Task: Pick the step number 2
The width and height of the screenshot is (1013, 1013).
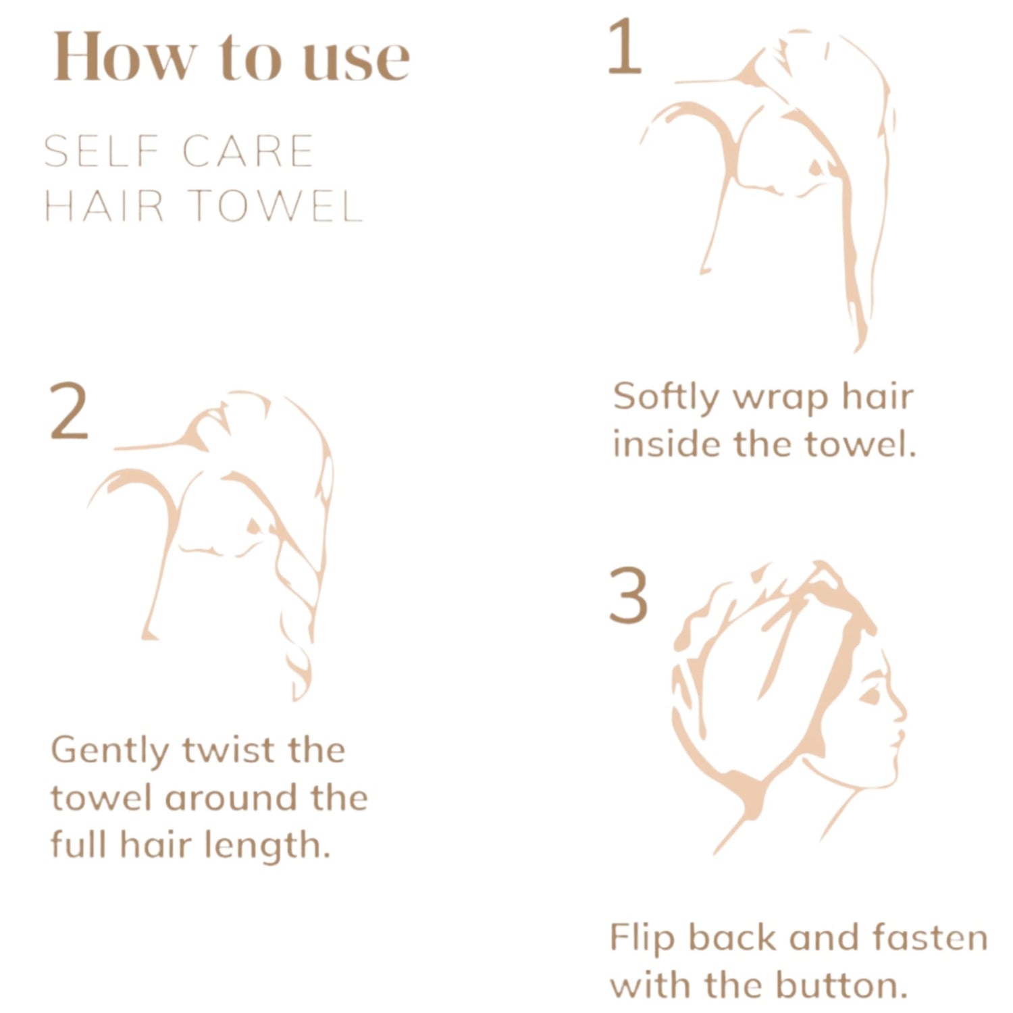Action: tap(69, 411)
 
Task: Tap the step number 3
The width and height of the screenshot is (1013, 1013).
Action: tap(628, 595)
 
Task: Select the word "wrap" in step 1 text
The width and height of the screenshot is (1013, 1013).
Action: tap(780, 400)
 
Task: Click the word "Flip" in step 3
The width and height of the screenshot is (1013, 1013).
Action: tap(642, 939)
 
